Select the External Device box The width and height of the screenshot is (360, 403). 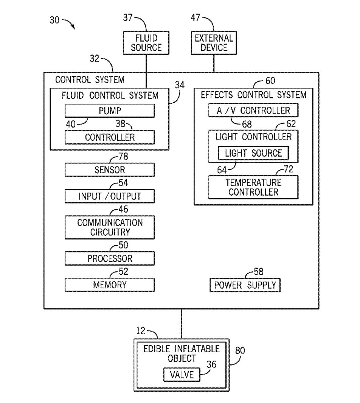click(x=214, y=42)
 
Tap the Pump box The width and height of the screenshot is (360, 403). click(x=110, y=111)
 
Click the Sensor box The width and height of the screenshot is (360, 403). click(x=110, y=170)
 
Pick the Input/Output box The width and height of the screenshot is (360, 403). click(x=110, y=196)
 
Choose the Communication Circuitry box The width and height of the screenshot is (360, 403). click(x=110, y=227)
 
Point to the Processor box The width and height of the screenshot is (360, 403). click(x=110, y=258)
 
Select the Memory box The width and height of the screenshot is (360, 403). click(x=110, y=285)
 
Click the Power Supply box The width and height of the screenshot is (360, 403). click(x=245, y=285)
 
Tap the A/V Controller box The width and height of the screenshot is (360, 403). click(x=253, y=110)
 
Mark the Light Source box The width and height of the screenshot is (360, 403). click(x=253, y=153)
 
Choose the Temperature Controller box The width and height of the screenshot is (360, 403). click(x=253, y=187)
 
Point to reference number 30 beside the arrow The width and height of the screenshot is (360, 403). click(x=54, y=20)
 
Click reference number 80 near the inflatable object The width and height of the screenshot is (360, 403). click(x=240, y=350)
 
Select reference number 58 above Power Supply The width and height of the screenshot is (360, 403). click(x=259, y=271)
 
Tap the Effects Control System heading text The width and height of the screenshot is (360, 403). click(x=253, y=95)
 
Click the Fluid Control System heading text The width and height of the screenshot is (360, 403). click(x=110, y=95)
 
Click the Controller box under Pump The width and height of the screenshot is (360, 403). click(x=110, y=137)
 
